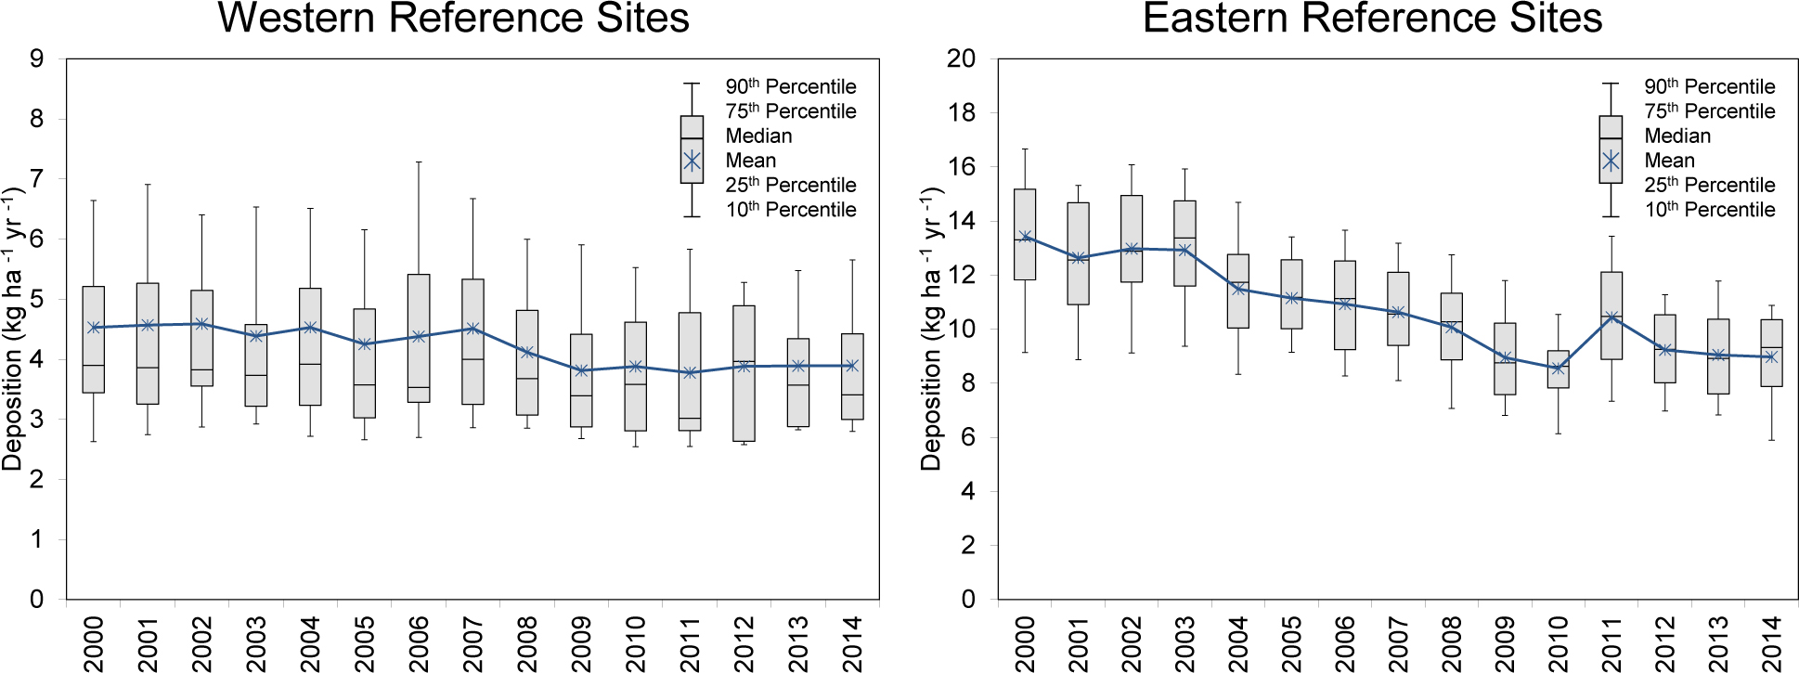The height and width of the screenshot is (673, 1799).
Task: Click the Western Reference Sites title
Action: click(453, 19)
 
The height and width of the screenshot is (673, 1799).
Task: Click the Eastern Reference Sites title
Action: click(1372, 19)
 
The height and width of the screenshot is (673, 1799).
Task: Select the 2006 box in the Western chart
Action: click(419, 338)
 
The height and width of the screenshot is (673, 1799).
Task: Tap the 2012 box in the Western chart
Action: click(744, 373)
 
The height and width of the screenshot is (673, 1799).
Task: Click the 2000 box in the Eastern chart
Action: click(1025, 234)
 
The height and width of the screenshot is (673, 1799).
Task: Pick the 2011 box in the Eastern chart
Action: click(1611, 316)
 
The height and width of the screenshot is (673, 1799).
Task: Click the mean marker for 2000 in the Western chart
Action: click(94, 327)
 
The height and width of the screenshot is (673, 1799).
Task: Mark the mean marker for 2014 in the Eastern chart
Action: click(1771, 356)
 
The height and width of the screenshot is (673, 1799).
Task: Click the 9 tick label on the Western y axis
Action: click(37, 58)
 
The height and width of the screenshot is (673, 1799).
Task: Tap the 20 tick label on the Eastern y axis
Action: click(961, 58)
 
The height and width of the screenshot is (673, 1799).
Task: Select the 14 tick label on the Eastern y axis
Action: click(961, 221)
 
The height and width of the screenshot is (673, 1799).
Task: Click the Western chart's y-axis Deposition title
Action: click(13, 330)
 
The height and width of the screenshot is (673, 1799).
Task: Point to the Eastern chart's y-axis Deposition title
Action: click(932, 330)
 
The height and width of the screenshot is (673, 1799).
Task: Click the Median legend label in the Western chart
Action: click(758, 136)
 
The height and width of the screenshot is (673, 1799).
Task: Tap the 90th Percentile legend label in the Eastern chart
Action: click(1709, 86)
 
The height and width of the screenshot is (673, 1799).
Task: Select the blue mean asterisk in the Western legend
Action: click(692, 161)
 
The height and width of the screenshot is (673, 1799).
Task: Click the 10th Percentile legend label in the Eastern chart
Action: click(1709, 210)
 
